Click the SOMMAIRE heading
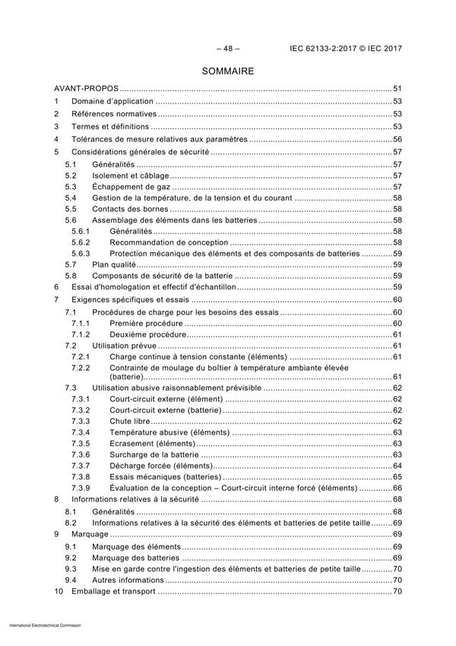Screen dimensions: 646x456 point(227,71)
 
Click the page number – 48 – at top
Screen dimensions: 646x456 point(227,49)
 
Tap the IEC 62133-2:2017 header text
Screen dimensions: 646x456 point(346,49)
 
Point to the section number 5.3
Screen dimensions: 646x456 point(71,186)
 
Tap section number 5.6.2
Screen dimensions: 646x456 point(81,242)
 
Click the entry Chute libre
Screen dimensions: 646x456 point(130,421)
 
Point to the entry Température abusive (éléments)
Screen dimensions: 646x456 point(169,432)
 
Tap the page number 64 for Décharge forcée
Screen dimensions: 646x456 point(397,465)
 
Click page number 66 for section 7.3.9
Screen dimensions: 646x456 point(397,487)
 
